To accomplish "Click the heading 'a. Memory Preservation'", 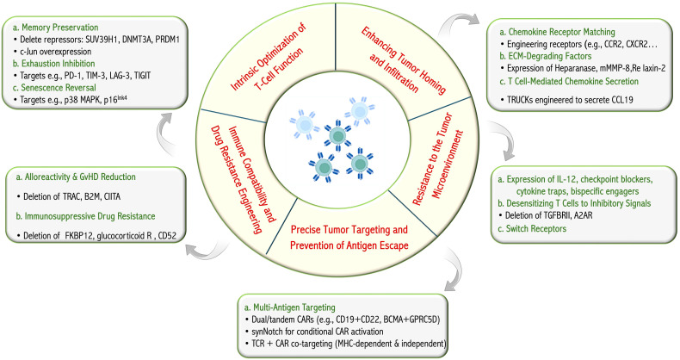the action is (55, 28).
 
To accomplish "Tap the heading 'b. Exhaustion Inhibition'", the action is (53, 64).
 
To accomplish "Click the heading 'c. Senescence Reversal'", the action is (54, 87).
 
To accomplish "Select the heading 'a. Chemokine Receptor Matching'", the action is (557, 32).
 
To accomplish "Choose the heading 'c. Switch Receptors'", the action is (532, 228).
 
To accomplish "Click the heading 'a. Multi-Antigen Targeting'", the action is (290, 307).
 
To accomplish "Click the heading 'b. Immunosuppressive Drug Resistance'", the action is (85, 216).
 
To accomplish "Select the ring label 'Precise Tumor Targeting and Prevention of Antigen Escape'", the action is (349, 237).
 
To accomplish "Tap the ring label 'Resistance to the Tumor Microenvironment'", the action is (438, 158).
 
